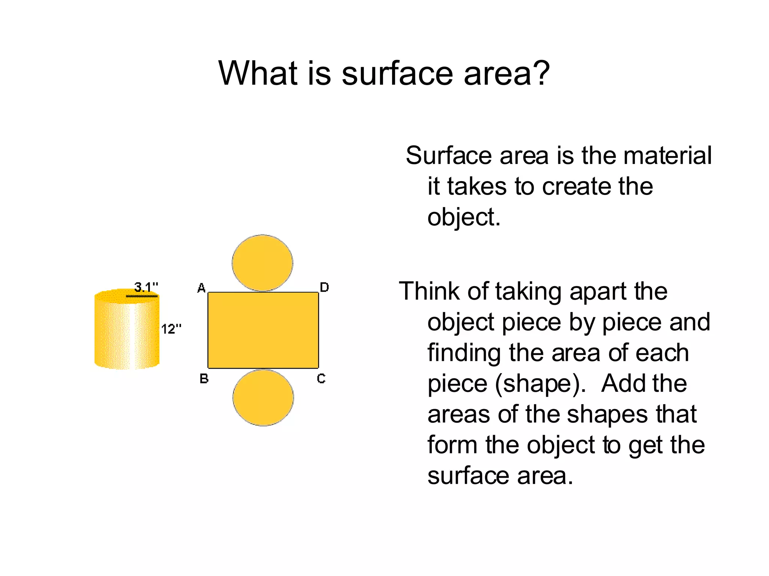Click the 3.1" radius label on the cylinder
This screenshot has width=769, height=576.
click(x=146, y=287)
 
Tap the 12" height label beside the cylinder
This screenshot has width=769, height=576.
click(x=171, y=329)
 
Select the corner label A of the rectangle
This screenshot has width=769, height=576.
click(x=201, y=288)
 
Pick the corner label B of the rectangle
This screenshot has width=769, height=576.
click(x=204, y=379)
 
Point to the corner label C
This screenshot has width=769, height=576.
click(x=321, y=379)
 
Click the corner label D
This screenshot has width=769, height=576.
click(x=324, y=287)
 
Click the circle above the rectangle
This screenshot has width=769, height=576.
click(x=262, y=263)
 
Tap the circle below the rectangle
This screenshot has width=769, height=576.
click(x=263, y=397)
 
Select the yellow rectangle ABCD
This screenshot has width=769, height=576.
click(x=263, y=330)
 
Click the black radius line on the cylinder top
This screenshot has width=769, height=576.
click(x=142, y=296)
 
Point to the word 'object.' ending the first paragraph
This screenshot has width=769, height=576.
click(x=464, y=217)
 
